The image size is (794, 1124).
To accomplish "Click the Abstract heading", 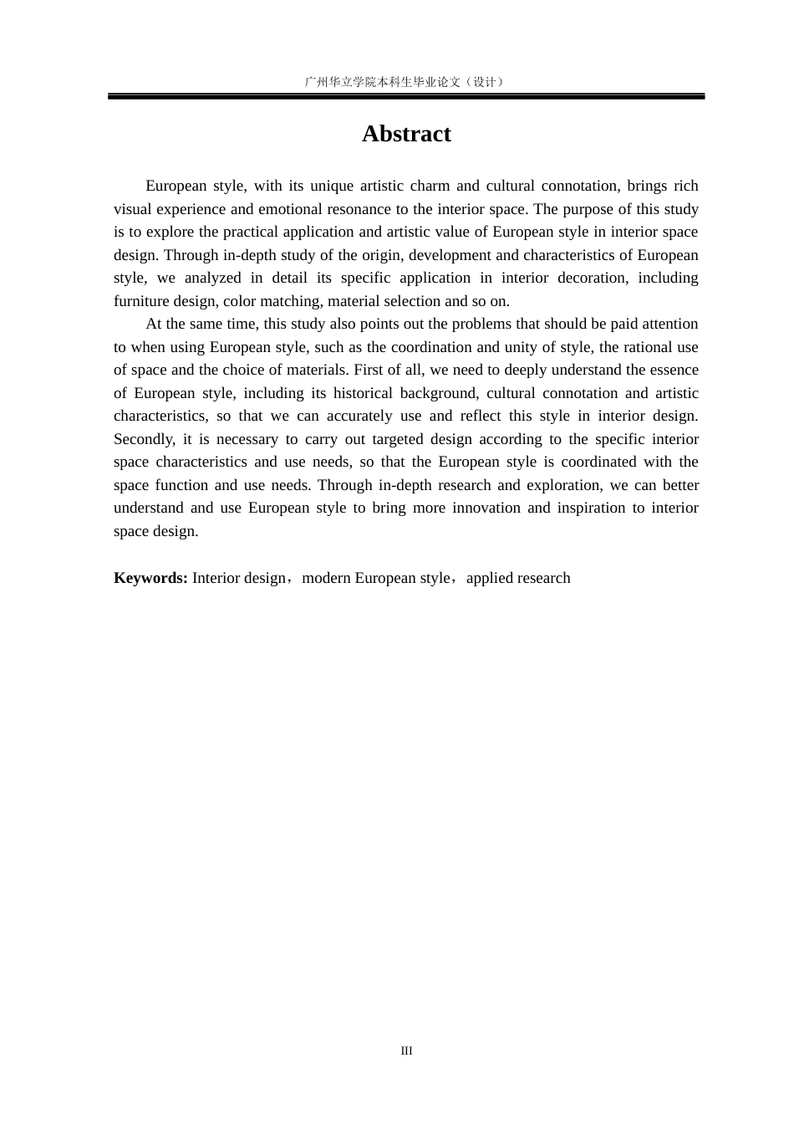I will click(x=406, y=134).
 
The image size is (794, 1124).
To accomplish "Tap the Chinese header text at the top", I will click(x=405, y=81).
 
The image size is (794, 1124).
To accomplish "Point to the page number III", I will click(x=406, y=1050).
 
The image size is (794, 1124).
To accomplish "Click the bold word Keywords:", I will click(x=150, y=578).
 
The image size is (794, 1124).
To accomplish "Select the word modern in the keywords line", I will click(x=326, y=578).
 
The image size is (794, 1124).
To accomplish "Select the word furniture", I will click(x=141, y=301).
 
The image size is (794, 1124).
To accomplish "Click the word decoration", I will click(x=592, y=278).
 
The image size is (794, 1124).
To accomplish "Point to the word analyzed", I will click(x=212, y=278).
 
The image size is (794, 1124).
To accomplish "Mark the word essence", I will click(x=673, y=370).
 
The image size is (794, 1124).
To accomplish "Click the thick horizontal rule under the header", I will click(x=406, y=97).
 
